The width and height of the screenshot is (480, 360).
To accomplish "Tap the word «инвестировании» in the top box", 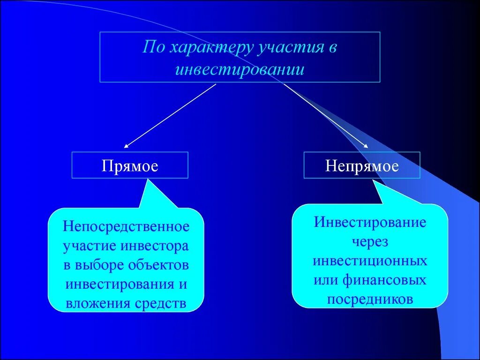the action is [x=240, y=69].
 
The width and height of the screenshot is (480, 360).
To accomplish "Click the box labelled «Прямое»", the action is [x=130, y=165].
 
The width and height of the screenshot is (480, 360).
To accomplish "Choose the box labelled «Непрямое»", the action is [x=362, y=165].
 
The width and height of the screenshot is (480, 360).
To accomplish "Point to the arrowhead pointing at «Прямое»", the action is [x=126, y=146].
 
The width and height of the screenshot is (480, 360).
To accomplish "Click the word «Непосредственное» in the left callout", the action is [x=127, y=227].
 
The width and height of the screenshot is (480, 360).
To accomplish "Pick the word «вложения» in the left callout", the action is [x=92, y=304].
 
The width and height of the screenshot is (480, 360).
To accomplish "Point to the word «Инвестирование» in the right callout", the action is [x=370, y=222].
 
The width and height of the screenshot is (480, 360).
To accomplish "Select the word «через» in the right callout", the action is [x=370, y=241].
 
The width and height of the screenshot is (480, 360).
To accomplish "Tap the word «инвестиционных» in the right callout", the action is [x=370, y=261].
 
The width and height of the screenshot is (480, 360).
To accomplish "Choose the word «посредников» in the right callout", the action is [x=370, y=299].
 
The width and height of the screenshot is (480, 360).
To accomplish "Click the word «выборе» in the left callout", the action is [x=99, y=265].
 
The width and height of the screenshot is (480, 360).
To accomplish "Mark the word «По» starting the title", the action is [x=153, y=49].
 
